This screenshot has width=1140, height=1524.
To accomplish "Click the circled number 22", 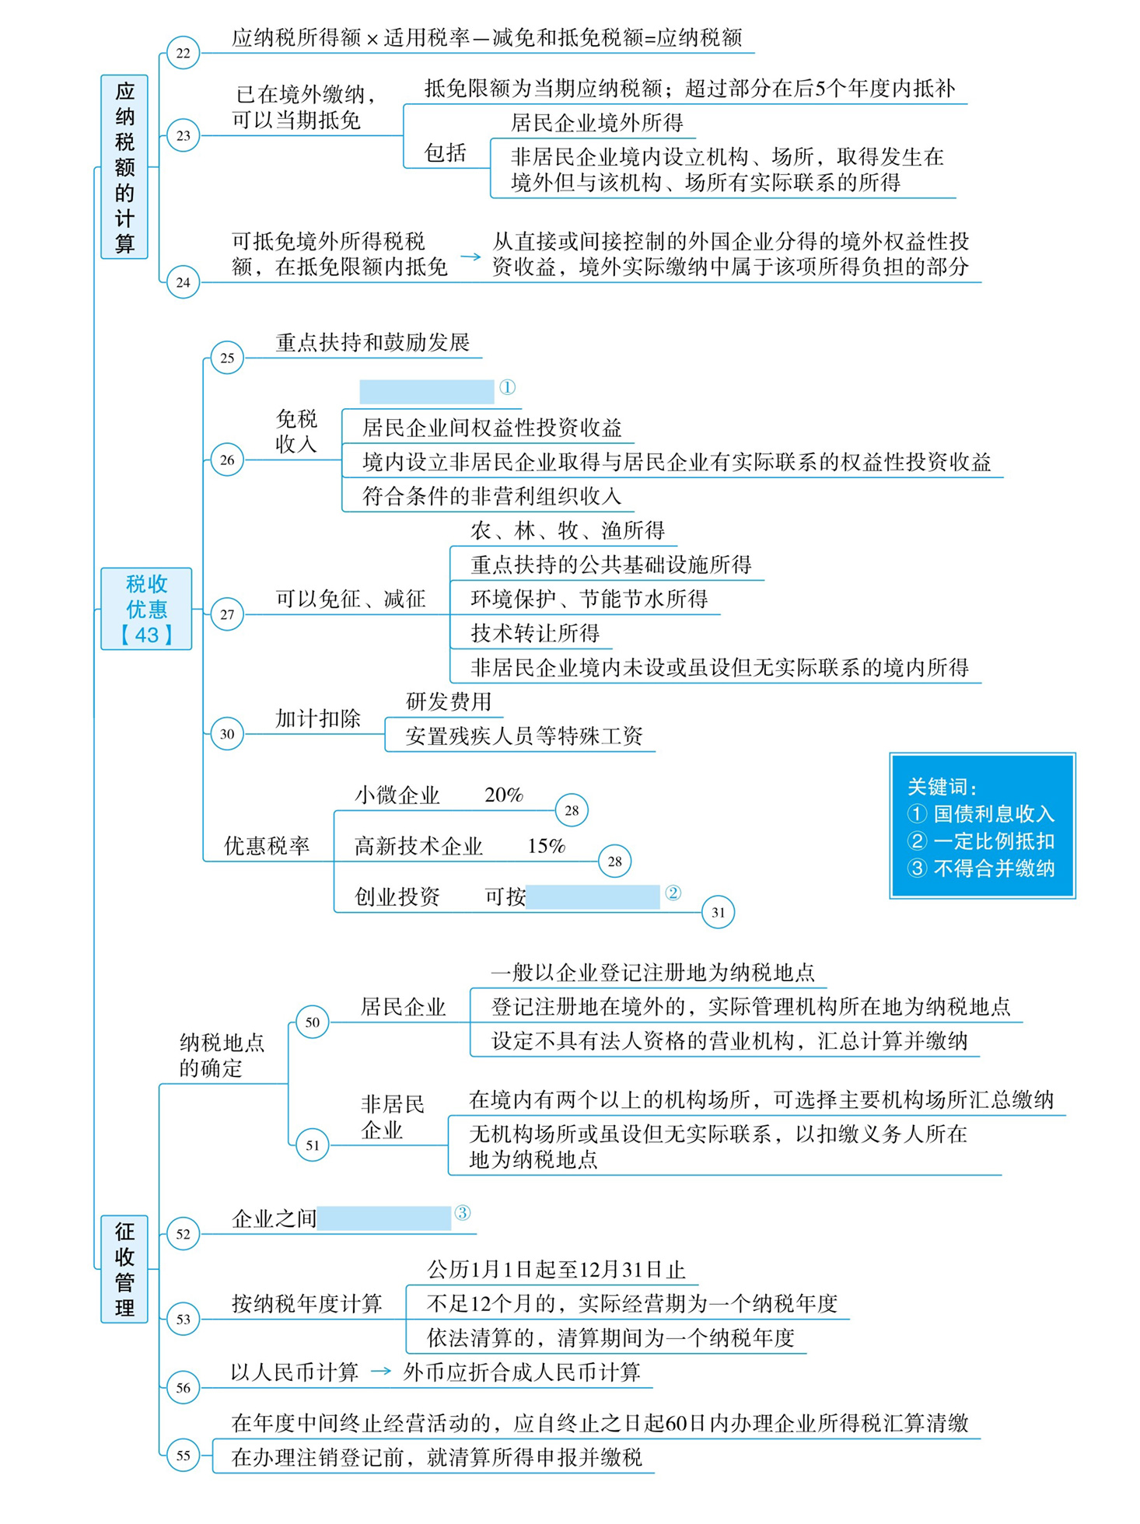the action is click(183, 53).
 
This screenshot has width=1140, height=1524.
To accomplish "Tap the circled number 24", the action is click(183, 282).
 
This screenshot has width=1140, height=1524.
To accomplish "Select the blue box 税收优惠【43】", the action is click(146, 609).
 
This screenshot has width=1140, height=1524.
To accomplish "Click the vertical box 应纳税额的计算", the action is click(124, 167).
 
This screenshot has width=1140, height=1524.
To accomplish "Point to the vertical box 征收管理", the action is click(124, 1269).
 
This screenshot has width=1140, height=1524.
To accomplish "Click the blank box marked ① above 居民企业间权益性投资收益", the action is click(427, 391).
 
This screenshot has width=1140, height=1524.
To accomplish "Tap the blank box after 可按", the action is click(593, 897).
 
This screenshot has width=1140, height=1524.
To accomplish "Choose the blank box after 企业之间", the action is click(384, 1218).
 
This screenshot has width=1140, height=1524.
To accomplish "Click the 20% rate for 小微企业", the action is click(504, 795).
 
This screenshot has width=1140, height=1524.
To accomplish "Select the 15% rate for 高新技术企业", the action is click(547, 846).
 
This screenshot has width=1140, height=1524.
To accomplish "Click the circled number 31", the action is click(718, 912).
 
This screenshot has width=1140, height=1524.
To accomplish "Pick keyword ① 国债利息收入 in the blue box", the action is click(981, 814).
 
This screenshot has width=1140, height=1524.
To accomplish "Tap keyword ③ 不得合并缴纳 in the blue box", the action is click(981, 869).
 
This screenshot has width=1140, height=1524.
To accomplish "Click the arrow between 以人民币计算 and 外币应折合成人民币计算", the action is click(381, 1372).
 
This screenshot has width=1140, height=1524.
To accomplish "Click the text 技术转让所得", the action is click(535, 633).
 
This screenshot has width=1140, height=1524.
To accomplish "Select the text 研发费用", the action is click(449, 701).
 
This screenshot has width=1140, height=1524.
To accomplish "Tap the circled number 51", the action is click(312, 1145).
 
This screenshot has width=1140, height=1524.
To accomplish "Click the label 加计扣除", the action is click(318, 718).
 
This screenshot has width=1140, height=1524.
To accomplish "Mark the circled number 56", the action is click(183, 1387).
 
